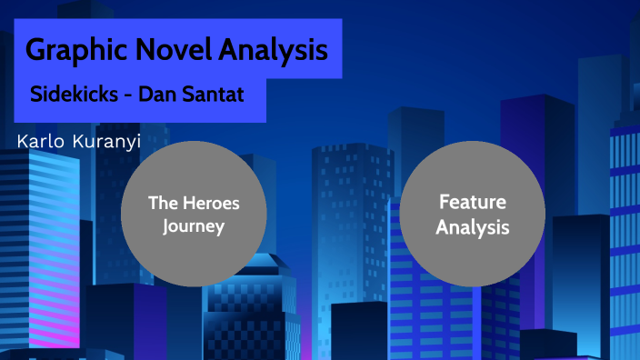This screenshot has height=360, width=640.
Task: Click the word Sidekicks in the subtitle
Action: [71, 95]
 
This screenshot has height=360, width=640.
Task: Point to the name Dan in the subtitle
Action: [155, 95]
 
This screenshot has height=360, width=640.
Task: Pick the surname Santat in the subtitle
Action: [210, 95]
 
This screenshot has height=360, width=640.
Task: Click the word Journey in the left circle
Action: [194, 226]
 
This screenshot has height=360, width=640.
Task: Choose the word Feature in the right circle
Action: [472, 202]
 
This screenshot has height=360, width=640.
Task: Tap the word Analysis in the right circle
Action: [472, 227]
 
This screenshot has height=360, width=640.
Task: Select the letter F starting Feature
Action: [444, 202]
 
